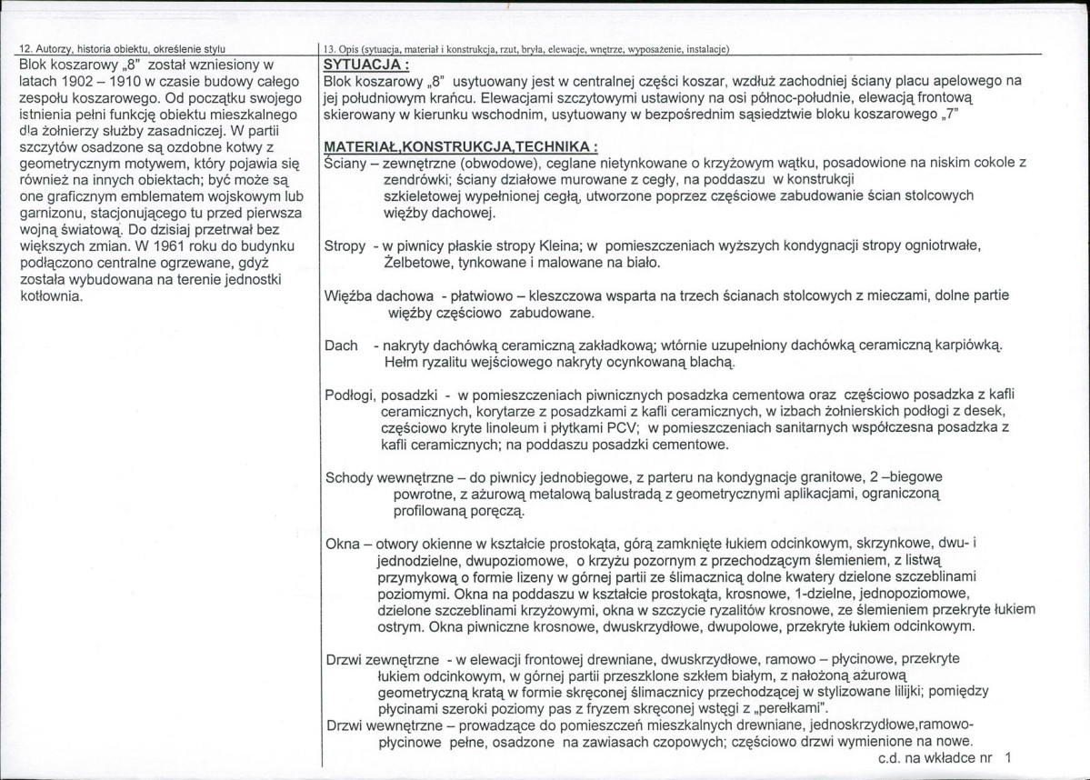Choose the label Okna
[341, 544]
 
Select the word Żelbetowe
[416, 263]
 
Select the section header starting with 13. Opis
[527, 48]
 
